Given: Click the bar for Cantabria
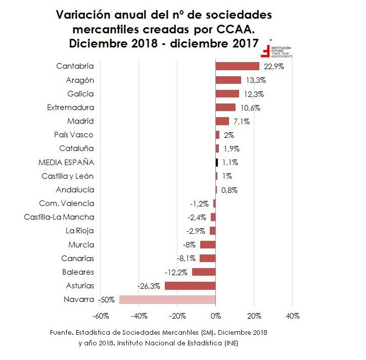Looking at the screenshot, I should click(x=237, y=66).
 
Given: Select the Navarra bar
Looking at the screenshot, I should click(x=167, y=299).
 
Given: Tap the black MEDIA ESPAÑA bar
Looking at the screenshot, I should click(x=217, y=163).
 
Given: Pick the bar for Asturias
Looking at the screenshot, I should click(x=190, y=286).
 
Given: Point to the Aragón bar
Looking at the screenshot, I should click(x=228, y=80).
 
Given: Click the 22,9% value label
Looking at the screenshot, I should click(x=273, y=67).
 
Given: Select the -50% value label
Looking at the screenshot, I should click(x=106, y=299).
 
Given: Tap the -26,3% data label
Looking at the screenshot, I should click(x=149, y=286).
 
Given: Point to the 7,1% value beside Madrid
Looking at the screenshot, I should click(x=241, y=121).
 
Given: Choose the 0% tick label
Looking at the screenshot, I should click(x=215, y=316).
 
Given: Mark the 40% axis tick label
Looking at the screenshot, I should click(x=293, y=316).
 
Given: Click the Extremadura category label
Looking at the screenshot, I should click(x=70, y=107).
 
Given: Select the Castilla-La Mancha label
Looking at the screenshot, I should click(x=59, y=217).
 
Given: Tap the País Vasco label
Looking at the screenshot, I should click(x=74, y=135).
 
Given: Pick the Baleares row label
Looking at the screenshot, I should click(x=78, y=272).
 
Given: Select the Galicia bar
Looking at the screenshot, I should click(x=227, y=93).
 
